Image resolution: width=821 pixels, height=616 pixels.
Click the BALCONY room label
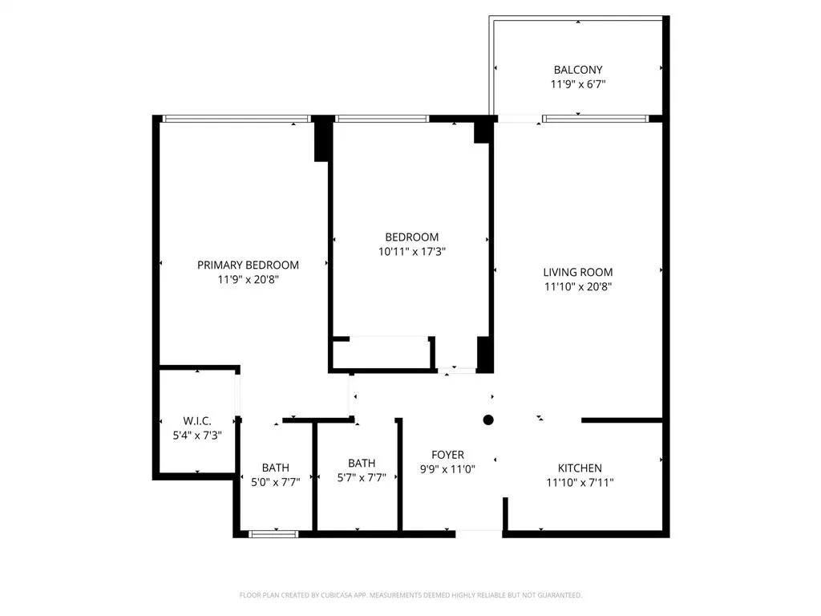pyautogui.click(x=577, y=70)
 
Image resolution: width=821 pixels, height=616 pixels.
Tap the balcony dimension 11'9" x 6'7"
pyautogui.click(x=577, y=83)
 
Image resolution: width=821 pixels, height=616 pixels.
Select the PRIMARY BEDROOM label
pyautogui.click(x=248, y=265)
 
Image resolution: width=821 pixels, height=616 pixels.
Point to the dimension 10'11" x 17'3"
pyautogui.click(x=411, y=251)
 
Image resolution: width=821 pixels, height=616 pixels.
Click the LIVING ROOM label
pyautogui.click(x=577, y=272)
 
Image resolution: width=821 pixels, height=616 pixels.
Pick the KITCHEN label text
pyautogui.click(x=580, y=468)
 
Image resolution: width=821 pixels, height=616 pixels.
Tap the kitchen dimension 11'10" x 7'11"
pyautogui.click(x=580, y=482)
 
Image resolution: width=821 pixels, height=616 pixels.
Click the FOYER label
pyautogui.click(x=447, y=455)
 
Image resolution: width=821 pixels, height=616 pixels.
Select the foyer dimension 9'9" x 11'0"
pyautogui.click(x=447, y=469)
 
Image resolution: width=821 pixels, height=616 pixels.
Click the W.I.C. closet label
pyautogui.click(x=197, y=420)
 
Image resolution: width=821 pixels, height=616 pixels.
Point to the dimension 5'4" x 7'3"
pyautogui.click(x=197, y=435)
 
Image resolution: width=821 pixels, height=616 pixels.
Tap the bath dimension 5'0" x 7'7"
pyautogui.click(x=275, y=482)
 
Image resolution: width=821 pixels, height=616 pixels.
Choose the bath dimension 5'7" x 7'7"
pyautogui.click(x=362, y=476)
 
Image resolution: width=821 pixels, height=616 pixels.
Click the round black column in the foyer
pyautogui.click(x=488, y=419)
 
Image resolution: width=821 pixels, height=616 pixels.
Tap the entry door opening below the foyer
pyautogui.click(x=479, y=531)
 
